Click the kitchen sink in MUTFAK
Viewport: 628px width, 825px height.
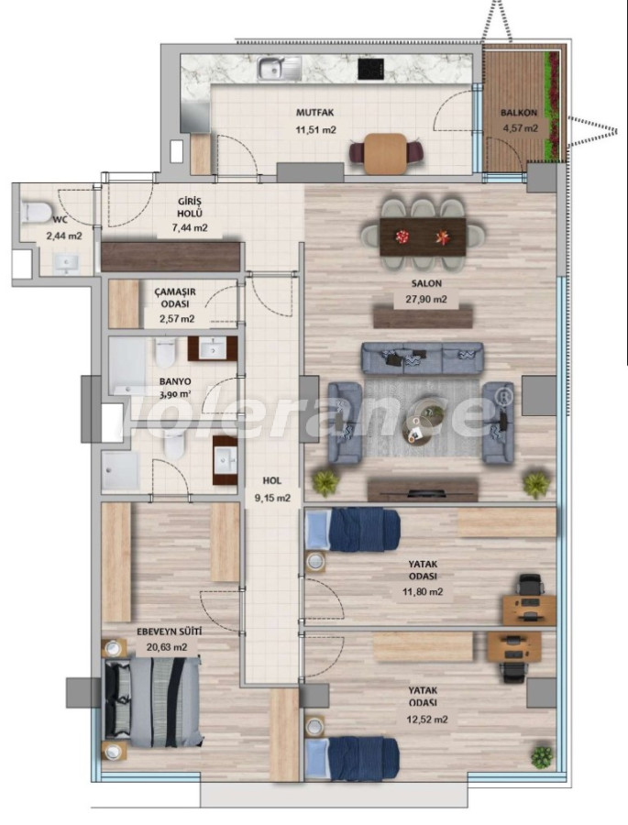[279, 69]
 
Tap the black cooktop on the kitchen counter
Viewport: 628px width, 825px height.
[370, 69]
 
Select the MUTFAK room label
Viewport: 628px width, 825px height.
[314, 113]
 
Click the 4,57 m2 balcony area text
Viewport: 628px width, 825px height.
[519, 127]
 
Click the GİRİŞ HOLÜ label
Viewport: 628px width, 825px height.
[190, 207]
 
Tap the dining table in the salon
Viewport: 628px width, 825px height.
[423, 236]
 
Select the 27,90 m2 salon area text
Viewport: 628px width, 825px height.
[426, 300]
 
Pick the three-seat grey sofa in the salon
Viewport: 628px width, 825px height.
[422, 358]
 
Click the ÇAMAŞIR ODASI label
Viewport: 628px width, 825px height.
[175, 299]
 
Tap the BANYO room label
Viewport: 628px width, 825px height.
[175, 381]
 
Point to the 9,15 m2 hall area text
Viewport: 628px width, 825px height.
[272, 497]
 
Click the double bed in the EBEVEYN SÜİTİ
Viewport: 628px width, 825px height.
[153, 702]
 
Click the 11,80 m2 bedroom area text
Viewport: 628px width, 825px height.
[423, 591]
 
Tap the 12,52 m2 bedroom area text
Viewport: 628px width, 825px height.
[427, 720]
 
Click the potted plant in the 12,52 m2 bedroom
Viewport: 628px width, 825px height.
[542, 756]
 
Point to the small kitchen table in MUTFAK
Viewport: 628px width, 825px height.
[385, 154]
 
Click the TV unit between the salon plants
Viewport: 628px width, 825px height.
[423, 489]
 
